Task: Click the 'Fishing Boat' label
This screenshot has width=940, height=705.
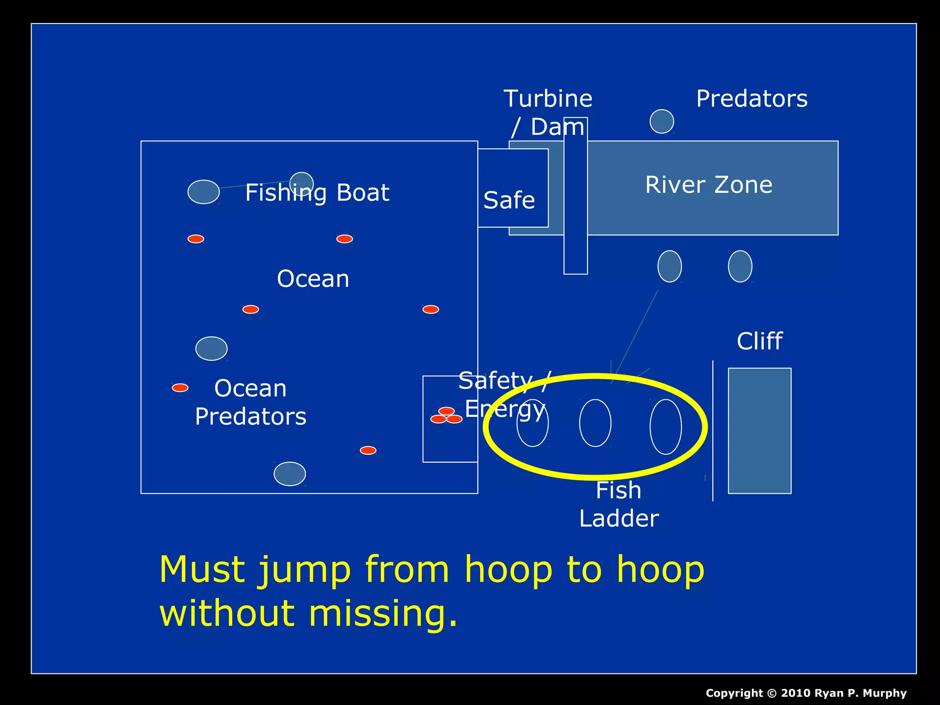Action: pyautogui.click(x=317, y=193)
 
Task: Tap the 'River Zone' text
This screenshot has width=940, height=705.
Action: pyautogui.click(x=709, y=185)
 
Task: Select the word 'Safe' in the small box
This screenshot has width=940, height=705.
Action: pyautogui.click(x=509, y=201)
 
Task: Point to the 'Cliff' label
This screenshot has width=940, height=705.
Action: pyautogui.click(x=760, y=341)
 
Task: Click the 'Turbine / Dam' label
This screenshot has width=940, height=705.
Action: pyautogui.click(x=548, y=112)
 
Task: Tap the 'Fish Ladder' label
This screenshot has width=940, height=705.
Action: pyautogui.click(x=619, y=504)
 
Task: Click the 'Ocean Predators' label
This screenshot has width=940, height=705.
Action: pyautogui.click(x=251, y=403)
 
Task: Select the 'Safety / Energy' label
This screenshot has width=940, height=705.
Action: pyautogui.click(x=505, y=395)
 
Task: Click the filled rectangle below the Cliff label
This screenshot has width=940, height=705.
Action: pyautogui.click(x=760, y=431)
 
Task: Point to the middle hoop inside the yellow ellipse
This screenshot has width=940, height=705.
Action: pyautogui.click(x=595, y=423)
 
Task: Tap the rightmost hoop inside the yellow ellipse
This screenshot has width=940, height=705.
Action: pyautogui.click(x=666, y=426)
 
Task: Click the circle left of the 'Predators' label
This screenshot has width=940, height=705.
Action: pyautogui.click(x=662, y=122)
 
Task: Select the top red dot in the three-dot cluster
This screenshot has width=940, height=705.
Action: pyautogui.click(x=446, y=411)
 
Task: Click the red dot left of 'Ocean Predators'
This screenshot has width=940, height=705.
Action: pyautogui.click(x=180, y=388)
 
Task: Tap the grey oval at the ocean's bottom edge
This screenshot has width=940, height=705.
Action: pyautogui.click(x=290, y=474)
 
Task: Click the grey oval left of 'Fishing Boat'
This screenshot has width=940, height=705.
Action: pyautogui.click(x=203, y=192)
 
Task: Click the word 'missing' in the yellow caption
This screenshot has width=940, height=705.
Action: pyautogui.click(x=383, y=614)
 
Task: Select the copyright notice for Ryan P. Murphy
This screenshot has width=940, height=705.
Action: pyautogui.click(x=806, y=693)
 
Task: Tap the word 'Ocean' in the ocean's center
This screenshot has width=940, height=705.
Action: pyautogui.click(x=313, y=279)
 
